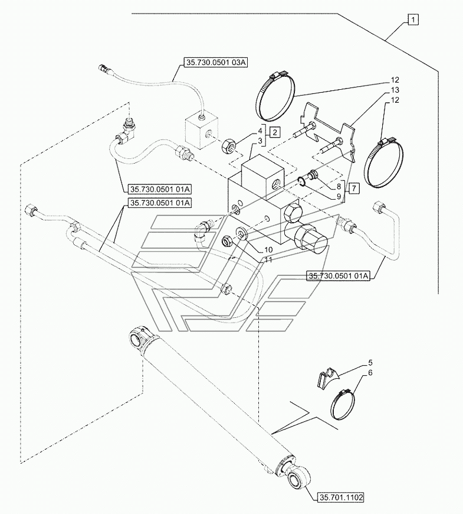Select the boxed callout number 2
(x=275, y=132)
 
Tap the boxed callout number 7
(x=353, y=187)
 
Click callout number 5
(x=372, y=360)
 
